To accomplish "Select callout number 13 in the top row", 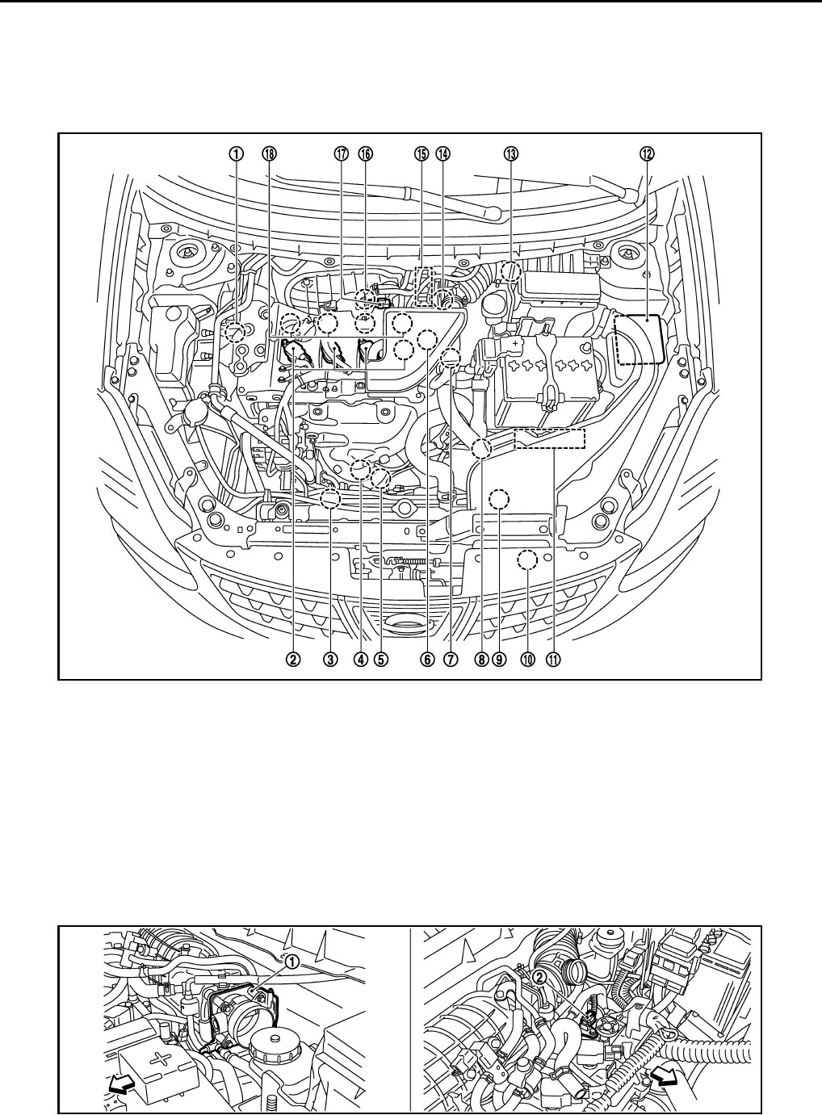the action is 511,154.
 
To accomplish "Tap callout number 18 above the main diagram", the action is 269,154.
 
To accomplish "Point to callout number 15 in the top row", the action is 421,154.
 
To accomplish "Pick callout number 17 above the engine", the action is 341,154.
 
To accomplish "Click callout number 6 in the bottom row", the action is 426,660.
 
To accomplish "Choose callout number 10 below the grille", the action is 527,660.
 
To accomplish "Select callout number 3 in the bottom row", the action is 330,660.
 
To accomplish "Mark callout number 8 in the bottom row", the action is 481,660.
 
